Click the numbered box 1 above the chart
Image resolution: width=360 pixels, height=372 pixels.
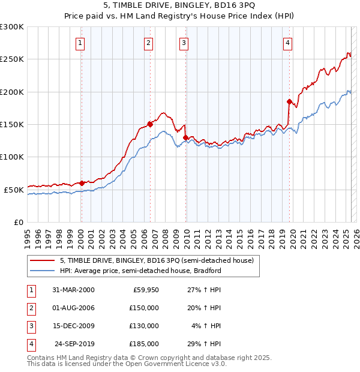[80, 43]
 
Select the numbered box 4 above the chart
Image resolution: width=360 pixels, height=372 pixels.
[288, 43]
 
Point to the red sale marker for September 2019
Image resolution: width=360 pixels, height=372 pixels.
[289, 102]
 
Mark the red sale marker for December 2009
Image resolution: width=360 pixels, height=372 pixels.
[185, 138]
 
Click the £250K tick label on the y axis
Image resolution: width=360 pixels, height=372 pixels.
[12, 59]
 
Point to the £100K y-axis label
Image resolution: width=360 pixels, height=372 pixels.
[12, 157]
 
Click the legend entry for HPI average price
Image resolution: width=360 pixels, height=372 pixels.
[140, 271]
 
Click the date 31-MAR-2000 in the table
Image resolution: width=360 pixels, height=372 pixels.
[73, 290]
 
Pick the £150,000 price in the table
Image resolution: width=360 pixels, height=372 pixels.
[144, 308]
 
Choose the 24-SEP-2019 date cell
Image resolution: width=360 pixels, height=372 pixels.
[74, 344]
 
